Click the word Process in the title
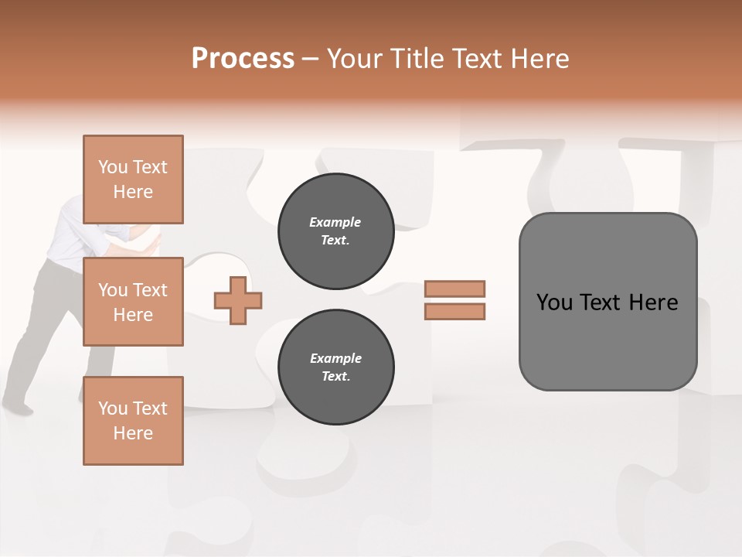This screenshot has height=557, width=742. click(x=243, y=59)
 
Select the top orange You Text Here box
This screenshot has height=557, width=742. click(x=133, y=179)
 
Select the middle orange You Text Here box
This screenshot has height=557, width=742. click(x=133, y=302)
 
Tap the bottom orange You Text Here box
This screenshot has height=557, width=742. click(x=133, y=420)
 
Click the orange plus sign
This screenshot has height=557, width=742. click(x=238, y=300)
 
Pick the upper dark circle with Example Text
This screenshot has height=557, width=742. click(x=335, y=231)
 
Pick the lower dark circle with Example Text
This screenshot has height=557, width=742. click(x=335, y=367)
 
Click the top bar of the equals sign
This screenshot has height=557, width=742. click(x=454, y=289)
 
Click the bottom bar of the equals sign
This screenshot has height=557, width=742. click(x=454, y=311)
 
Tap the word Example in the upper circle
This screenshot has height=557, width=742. click(x=335, y=222)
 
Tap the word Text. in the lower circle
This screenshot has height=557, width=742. click(x=335, y=377)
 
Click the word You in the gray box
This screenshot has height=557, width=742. click(x=553, y=302)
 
